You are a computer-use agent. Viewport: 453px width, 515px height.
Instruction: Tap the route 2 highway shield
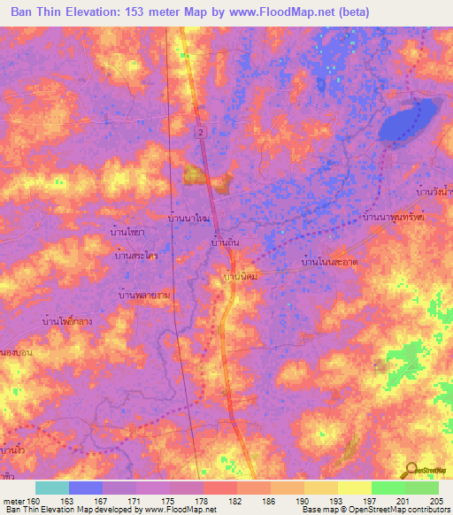click(200, 131)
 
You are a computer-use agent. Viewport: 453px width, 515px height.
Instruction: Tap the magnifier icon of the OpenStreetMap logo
click(409, 471)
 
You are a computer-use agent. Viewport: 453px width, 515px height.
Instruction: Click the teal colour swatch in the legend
click(51, 488)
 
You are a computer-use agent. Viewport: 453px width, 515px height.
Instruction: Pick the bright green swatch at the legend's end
click(421, 488)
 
